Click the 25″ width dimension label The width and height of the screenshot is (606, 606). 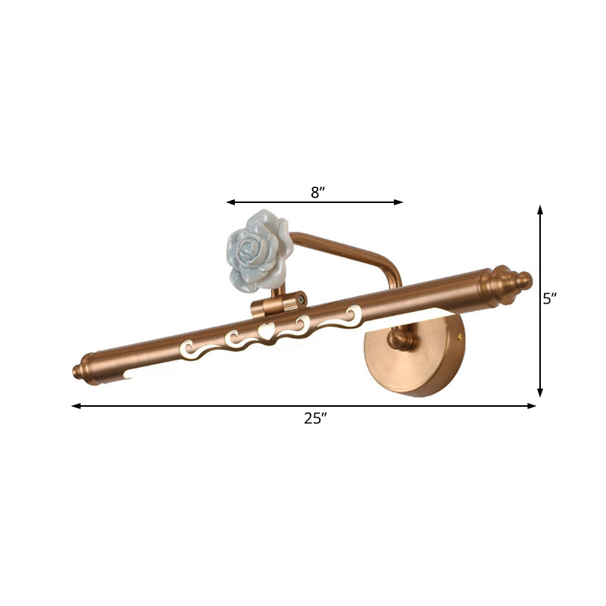314,418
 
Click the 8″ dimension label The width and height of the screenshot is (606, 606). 317,192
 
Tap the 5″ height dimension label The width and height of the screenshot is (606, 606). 550,299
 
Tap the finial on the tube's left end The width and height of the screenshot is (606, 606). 83,371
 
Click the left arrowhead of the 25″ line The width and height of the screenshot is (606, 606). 75,406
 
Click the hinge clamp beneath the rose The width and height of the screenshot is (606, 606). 277,305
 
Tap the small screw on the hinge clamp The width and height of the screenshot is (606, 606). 302,299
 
